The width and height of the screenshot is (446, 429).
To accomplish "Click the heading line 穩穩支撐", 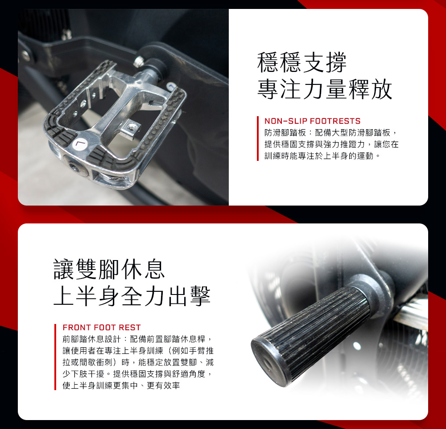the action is pyautogui.click(x=302, y=63).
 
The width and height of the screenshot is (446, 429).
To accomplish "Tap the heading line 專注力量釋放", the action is pyautogui.click(x=325, y=89).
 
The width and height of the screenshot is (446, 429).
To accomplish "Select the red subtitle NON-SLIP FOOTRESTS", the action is pyautogui.click(x=312, y=121).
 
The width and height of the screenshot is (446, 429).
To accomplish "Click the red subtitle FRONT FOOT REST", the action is pyautogui.click(x=102, y=328).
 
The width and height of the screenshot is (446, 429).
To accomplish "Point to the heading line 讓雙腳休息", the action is pyautogui.click(x=109, y=269).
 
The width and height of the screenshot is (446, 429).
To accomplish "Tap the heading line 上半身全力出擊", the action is pyautogui.click(x=132, y=296).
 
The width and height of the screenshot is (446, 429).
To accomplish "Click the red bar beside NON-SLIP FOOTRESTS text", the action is pyautogui.click(x=258, y=139).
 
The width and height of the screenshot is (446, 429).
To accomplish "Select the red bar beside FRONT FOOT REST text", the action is pyautogui.click(x=55, y=357).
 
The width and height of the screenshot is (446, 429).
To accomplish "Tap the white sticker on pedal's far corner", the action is pyautogui.click(x=171, y=86).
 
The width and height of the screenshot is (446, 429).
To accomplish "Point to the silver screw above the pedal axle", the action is pyautogui.click(x=139, y=62).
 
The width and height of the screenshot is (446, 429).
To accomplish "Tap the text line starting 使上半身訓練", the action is pyautogui.click(x=121, y=386).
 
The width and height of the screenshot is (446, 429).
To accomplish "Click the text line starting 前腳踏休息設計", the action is pyautogui.click(x=137, y=339).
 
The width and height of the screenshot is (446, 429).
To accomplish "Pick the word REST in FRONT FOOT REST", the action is pyautogui.click(x=130, y=328).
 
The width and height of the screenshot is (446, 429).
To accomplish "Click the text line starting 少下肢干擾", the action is pyautogui.click(x=137, y=374).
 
